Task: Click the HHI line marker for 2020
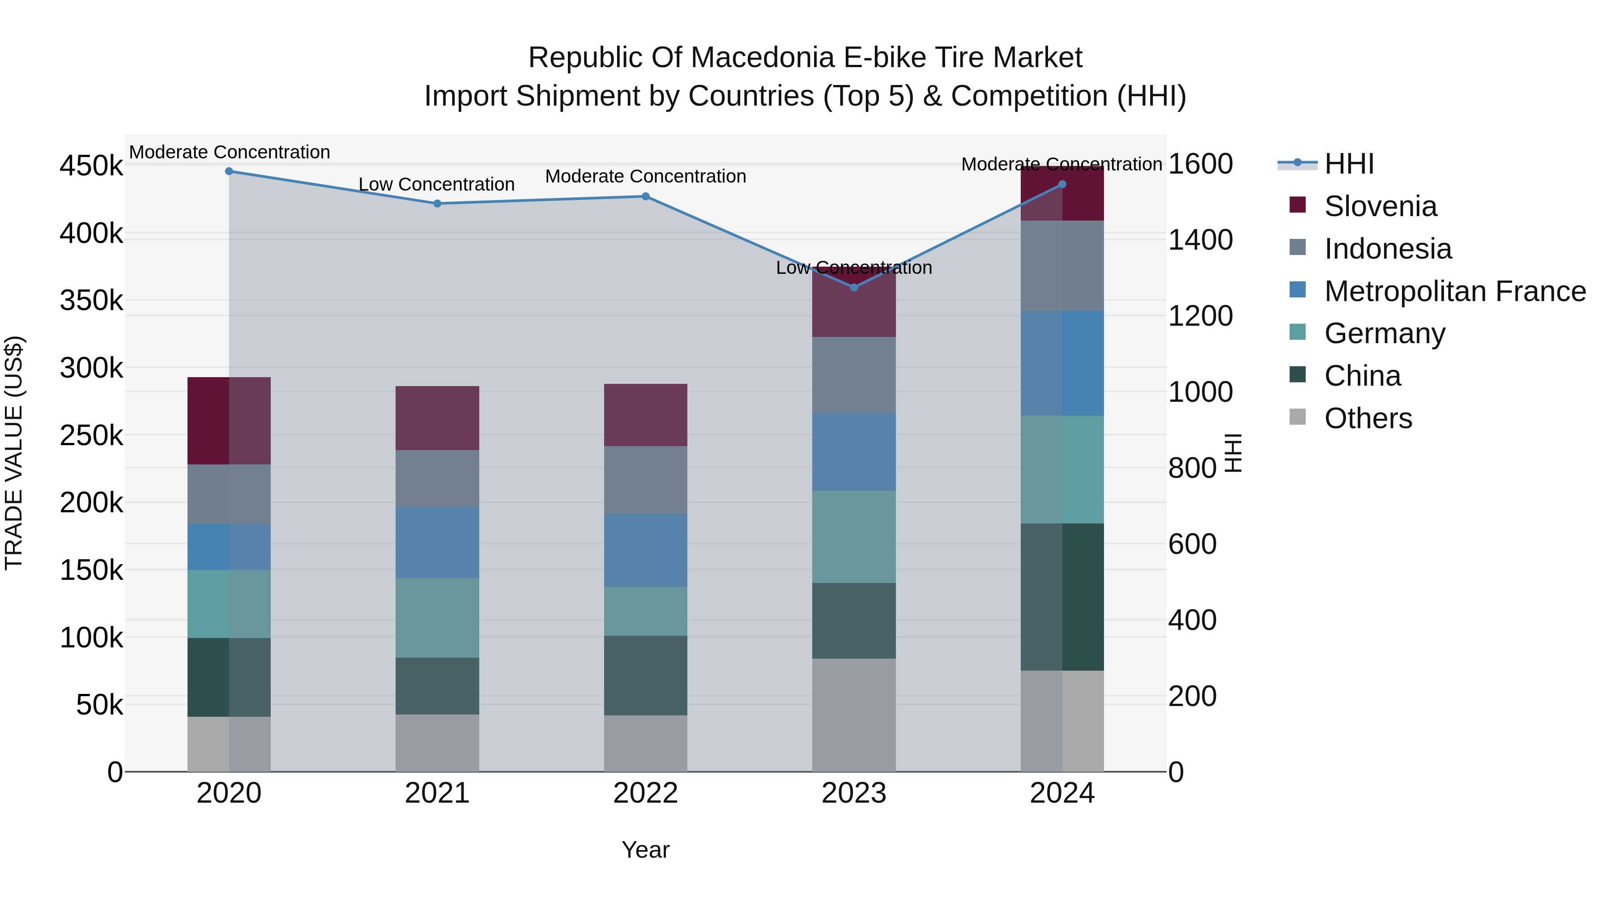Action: pos(229,171)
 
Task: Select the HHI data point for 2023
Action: pos(854,288)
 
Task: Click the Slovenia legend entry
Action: pos(1380,206)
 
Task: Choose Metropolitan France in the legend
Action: pos(1455,291)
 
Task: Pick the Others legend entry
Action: pos(1368,418)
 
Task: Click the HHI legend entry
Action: pos(1349,164)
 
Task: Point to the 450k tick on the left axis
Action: pos(91,166)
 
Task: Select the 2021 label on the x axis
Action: pos(437,793)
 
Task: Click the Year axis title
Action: pos(645,850)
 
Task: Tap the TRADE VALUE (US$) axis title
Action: pos(14,453)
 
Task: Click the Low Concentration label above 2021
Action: pos(436,184)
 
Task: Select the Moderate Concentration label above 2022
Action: pos(645,176)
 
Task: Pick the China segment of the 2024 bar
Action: pos(1062,597)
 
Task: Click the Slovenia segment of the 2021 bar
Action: pos(437,418)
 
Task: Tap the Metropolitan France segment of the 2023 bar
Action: pos(854,451)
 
